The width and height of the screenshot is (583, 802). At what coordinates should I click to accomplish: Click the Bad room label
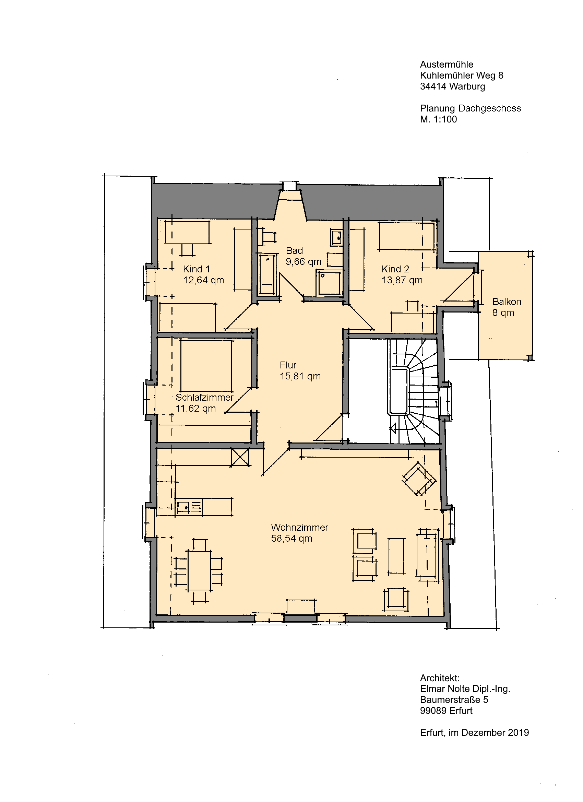pyautogui.click(x=294, y=251)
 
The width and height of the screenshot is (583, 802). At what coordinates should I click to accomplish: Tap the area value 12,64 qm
pyautogui.click(x=204, y=280)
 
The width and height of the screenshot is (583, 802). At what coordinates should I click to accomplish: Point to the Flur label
pyautogui.click(x=288, y=365)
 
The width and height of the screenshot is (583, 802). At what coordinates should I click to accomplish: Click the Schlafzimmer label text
pyautogui.click(x=204, y=397)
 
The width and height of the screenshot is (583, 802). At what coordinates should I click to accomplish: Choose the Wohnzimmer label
pyautogui.click(x=299, y=527)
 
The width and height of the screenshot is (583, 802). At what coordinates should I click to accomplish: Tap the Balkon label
pyautogui.click(x=507, y=302)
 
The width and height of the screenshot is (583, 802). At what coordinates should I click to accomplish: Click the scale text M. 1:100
pyautogui.click(x=438, y=119)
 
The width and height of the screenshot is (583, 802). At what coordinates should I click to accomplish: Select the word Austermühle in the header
pyautogui.click(x=447, y=64)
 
